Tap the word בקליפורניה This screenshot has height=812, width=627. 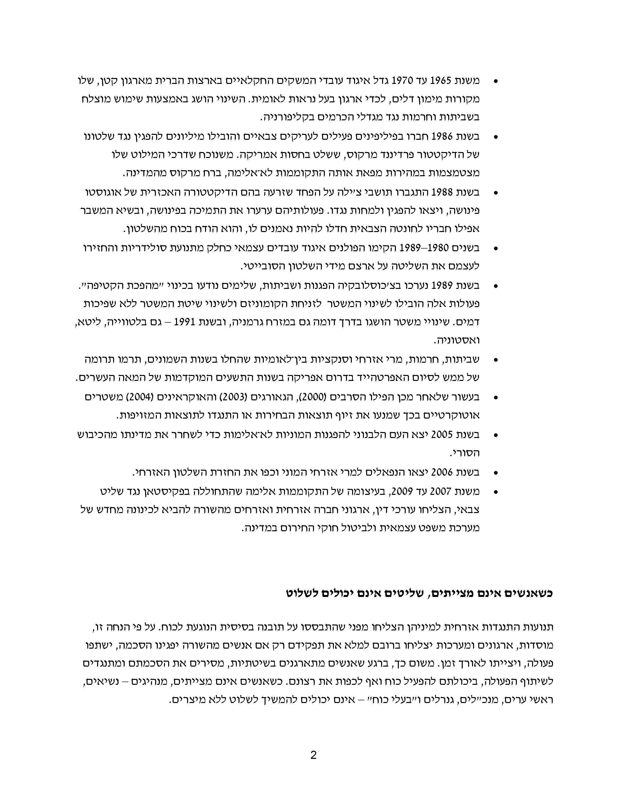pos(286,117)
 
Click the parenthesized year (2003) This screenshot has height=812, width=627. pos(232,397)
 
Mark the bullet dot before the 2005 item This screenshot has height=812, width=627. pos(495,435)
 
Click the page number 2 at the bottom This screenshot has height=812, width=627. pos(313,755)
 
